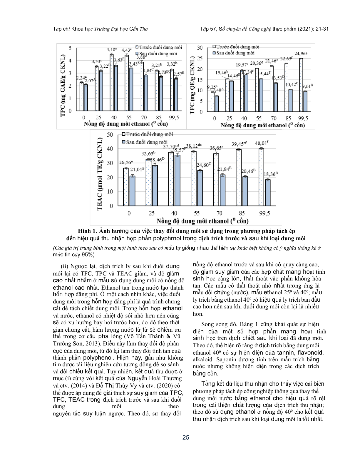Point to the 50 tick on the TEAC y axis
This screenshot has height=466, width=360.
[x=110, y=135]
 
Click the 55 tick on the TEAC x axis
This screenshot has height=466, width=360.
[x=197, y=213]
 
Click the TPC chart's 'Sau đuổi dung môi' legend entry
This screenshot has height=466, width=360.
[x=156, y=54]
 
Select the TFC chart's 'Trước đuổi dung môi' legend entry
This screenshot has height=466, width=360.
[x=236, y=47]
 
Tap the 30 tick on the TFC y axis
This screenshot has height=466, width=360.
[x=200, y=48]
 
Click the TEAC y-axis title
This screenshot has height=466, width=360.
[x=100, y=173]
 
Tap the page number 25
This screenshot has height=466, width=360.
[x=186, y=437]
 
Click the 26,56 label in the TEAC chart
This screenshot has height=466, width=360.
[x=126, y=162]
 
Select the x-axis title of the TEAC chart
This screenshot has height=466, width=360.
[x=202, y=221]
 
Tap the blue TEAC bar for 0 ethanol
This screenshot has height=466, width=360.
[x=132, y=191]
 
